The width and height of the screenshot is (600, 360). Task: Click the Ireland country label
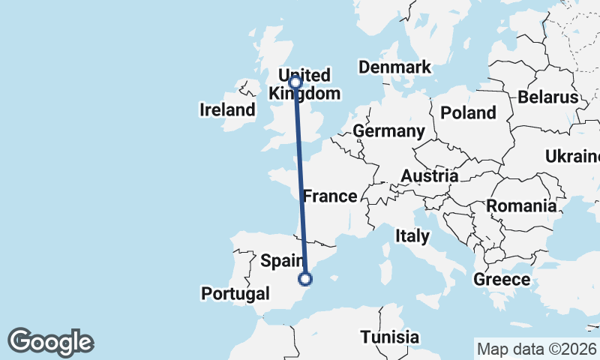click(x=227, y=110)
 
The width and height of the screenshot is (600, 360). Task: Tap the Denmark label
click(x=394, y=67)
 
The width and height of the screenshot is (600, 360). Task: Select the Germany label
click(x=388, y=131)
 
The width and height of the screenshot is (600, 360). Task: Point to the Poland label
click(x=468, y=113)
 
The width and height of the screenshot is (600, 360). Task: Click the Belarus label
click(x=547, y=97)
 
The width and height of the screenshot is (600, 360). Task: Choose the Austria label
click(x=430, y=175)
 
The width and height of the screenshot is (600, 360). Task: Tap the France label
click(x=329, y=196)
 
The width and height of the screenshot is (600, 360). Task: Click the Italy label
click(x=412, y=236)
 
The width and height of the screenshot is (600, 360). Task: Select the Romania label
click(x=522, y=205)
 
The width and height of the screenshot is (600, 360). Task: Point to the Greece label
click(x=502, y=280)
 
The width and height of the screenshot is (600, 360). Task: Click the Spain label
click(x=281, y=261)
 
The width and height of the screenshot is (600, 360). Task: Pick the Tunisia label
click(x=389, y=337)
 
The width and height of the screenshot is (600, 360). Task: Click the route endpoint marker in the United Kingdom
click(x=295, y=82)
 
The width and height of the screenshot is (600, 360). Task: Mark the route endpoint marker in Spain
click(x=305, y=279)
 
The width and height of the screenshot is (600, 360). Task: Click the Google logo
click(x=50, y=342)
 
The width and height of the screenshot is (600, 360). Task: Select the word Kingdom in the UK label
click(x=304, y=94)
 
